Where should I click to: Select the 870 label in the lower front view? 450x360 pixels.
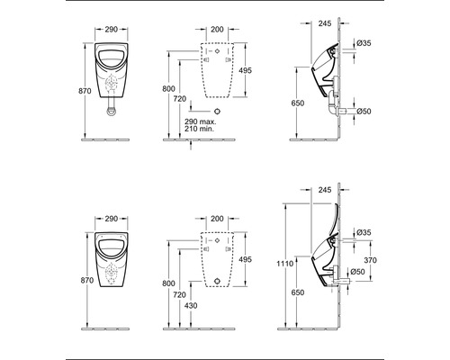coord(85,282)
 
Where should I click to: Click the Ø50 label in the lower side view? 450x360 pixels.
coord(357,271)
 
